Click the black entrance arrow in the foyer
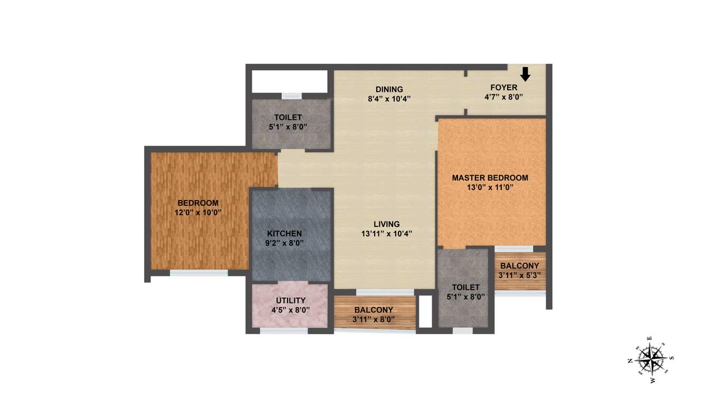tap(525, 73)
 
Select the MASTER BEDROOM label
tap(490, 178)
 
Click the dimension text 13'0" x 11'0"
tap(490, 187)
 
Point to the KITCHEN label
tap(284, 233)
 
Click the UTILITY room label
tap(291, 301)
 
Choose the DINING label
tap(389, 89)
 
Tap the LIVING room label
tap(387, 224)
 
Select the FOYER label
tap(503, 88)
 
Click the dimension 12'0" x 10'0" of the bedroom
tap(198, 212)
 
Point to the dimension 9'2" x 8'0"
tap(284, 243)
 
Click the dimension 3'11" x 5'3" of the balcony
tap(520, 275)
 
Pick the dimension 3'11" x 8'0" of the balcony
tap(374, 319)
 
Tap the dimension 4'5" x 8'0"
tap(291, 310)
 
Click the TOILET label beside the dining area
tap(288, 117)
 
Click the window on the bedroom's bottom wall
tap(198, 272)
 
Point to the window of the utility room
tap(284, 331)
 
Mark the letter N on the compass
tap(630, 361)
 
